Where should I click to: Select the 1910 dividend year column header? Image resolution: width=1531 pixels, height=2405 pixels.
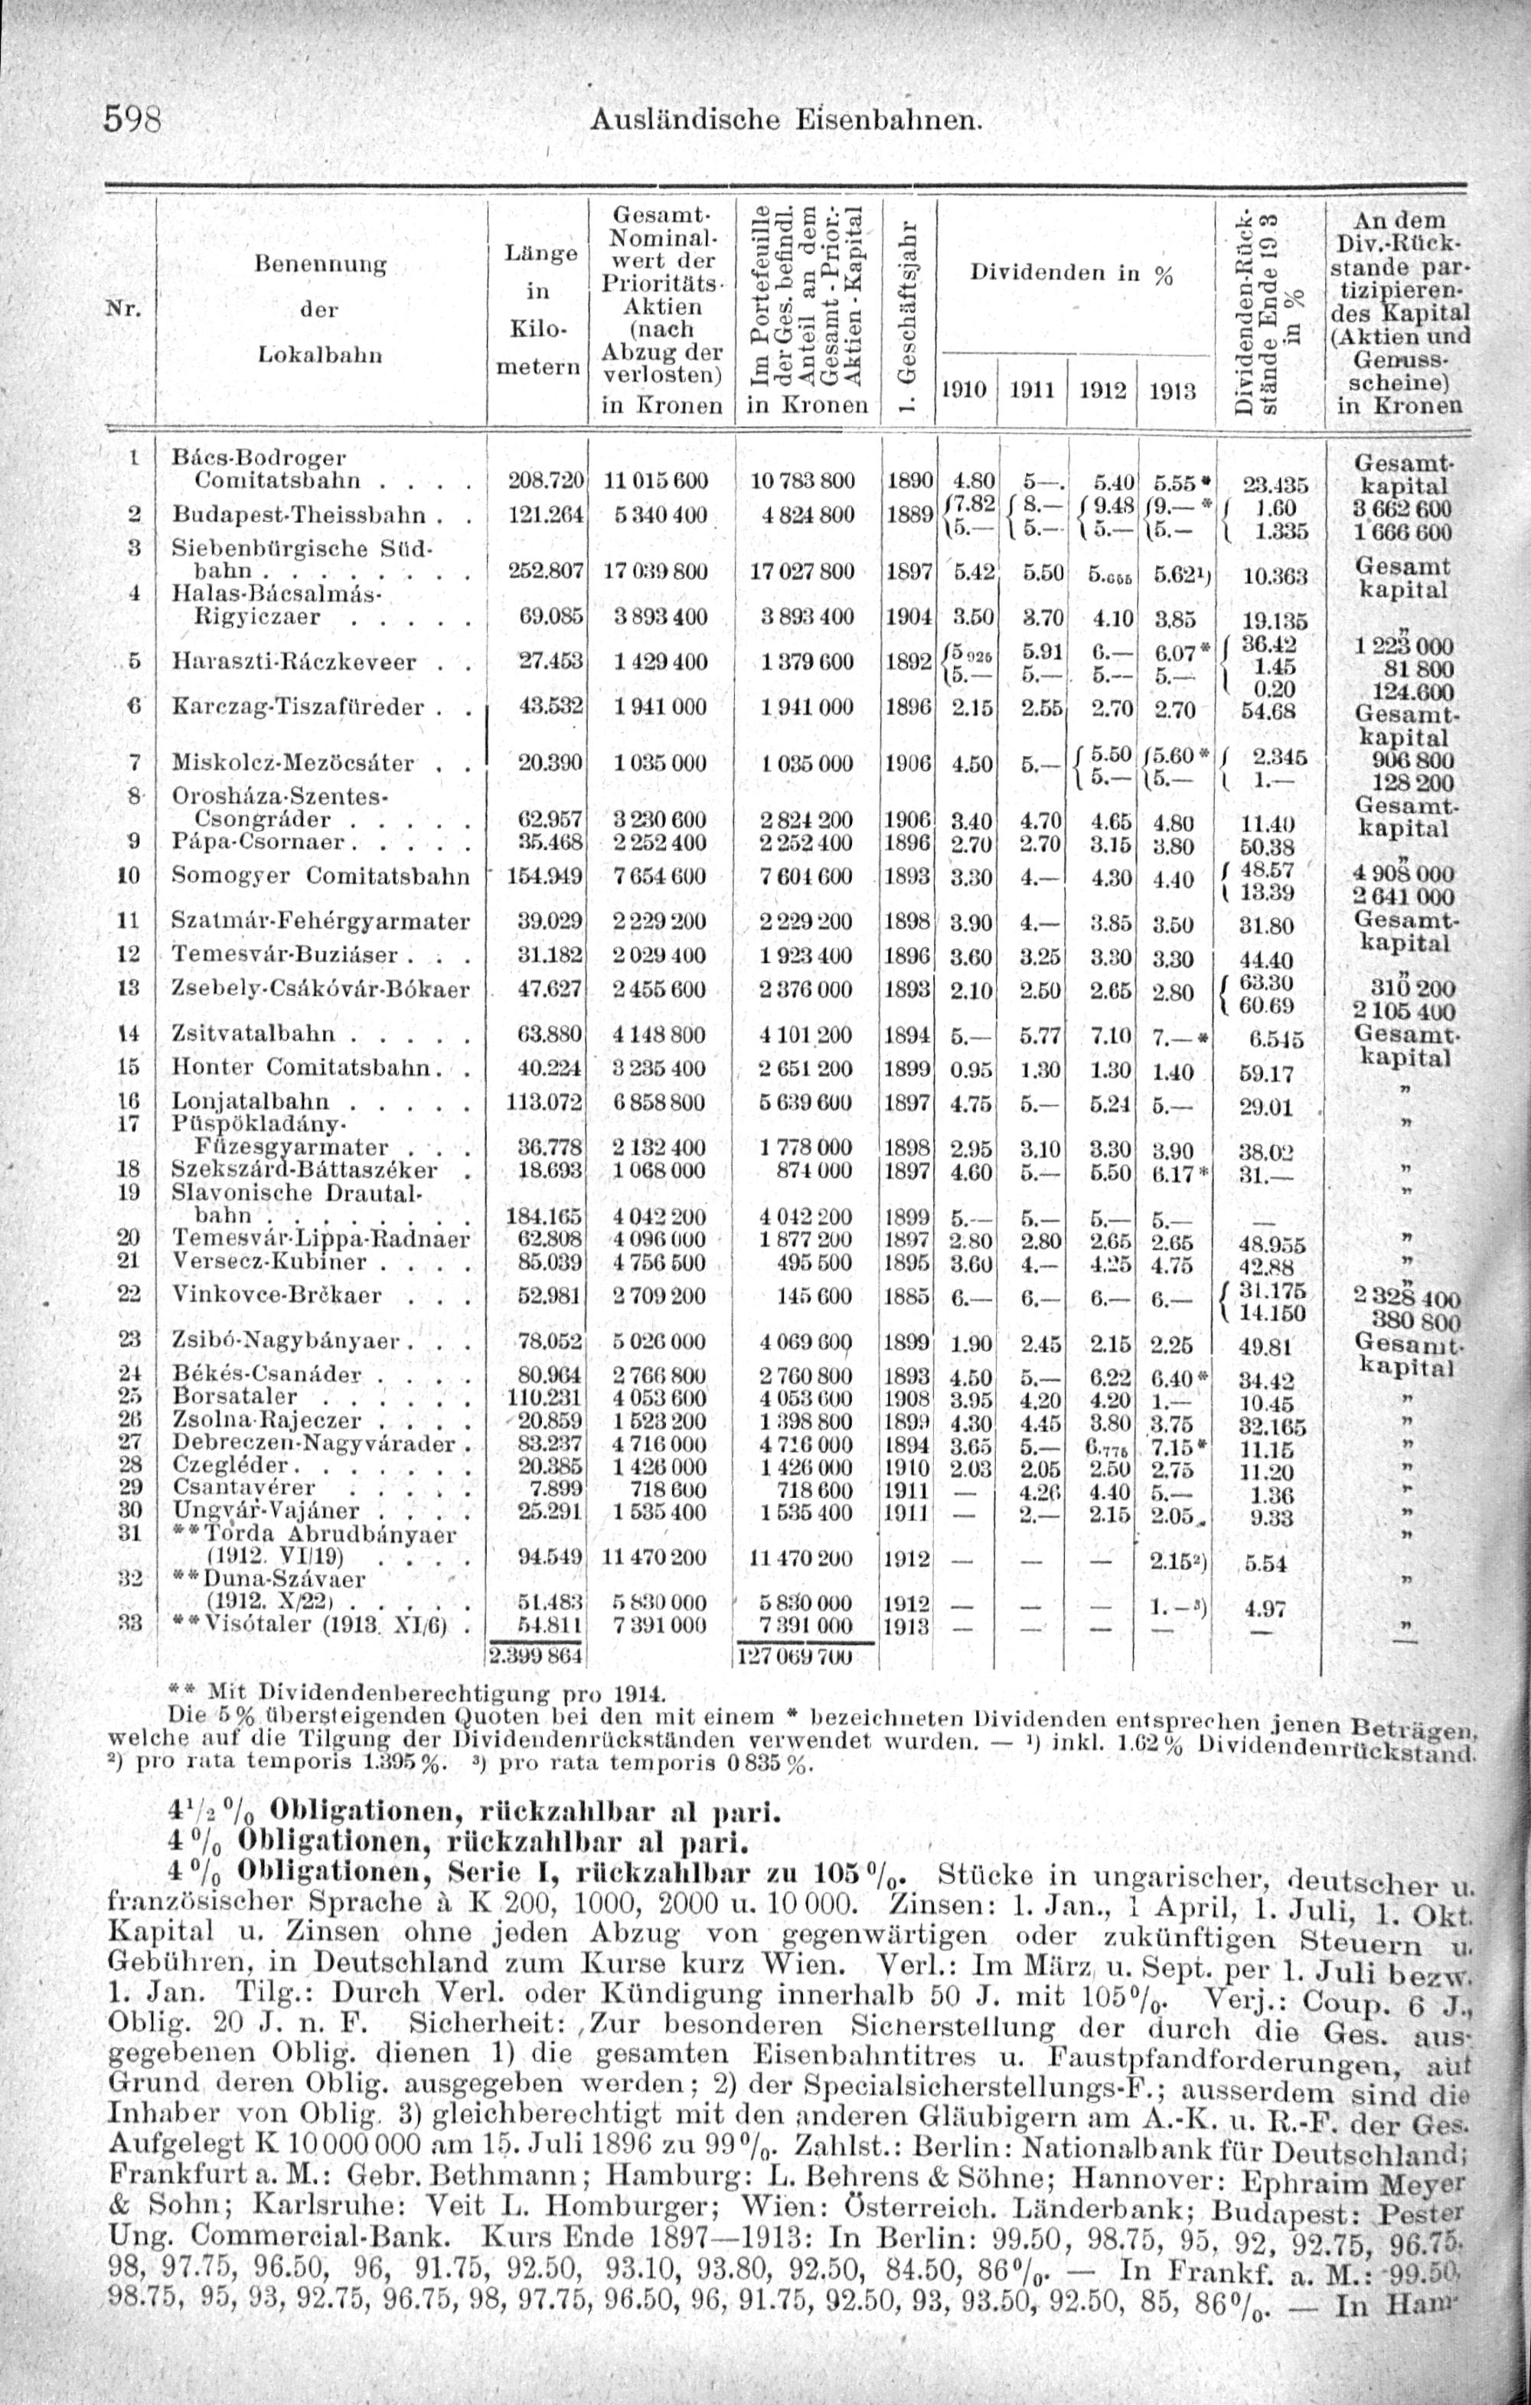[963, 391]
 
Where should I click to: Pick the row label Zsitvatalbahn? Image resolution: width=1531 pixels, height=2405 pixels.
[266, 1033]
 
